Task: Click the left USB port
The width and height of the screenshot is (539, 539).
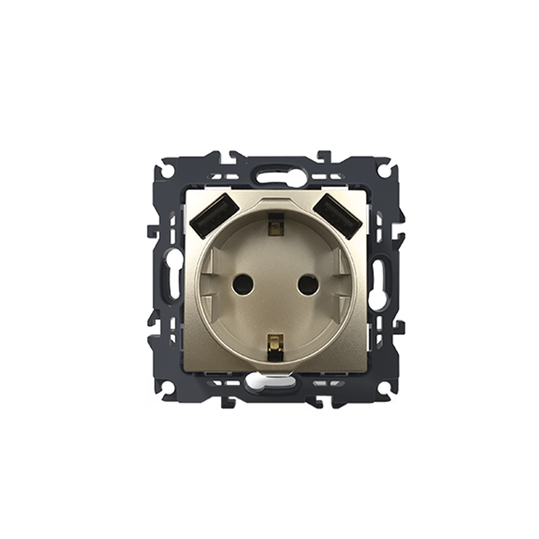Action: (212, 215)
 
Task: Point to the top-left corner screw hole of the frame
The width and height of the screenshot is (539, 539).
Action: (166, 171)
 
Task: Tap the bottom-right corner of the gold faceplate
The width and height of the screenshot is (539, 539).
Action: (366, 370)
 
